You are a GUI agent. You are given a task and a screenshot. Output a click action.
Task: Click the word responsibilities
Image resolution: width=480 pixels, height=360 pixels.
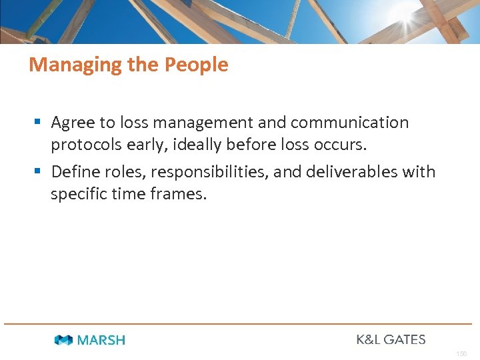[x=209, y=172]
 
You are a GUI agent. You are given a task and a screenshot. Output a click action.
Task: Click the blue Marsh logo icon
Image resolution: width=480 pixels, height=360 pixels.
[x=64, y=340]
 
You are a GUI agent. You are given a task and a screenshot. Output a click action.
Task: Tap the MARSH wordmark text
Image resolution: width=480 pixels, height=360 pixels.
[x=101, y=340]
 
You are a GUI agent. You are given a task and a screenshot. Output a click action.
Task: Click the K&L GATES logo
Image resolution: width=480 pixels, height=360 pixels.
[x=391, y=339]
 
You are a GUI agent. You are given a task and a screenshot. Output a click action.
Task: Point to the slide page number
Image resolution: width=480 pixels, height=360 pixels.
[x=461, y=353]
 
